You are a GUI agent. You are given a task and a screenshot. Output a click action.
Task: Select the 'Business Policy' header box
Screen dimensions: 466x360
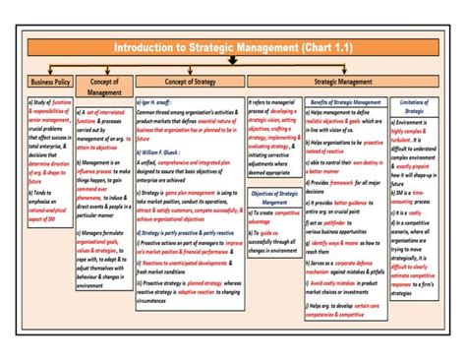(x=50, y=84)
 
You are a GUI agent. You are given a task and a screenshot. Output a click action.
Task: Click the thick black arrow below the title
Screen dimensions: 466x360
(x=231, y=61)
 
